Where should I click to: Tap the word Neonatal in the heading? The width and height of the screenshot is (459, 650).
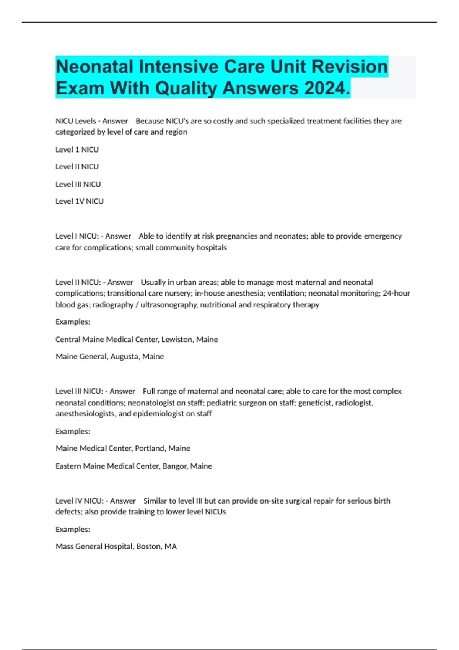[94, 67]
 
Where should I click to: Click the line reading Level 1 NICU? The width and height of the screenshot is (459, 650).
[77, 149]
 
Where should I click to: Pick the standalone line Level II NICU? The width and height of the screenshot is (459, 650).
[77, 167]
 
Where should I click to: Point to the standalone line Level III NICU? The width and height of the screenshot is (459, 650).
[78, 184]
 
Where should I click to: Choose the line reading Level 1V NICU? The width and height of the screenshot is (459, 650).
[80, 201]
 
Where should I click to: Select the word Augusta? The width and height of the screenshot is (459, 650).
[125, 357]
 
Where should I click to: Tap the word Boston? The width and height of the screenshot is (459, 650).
[149, 547]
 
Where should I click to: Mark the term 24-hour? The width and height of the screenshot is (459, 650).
[396, 293]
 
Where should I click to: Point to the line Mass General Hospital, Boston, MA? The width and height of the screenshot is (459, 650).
[116, 547]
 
